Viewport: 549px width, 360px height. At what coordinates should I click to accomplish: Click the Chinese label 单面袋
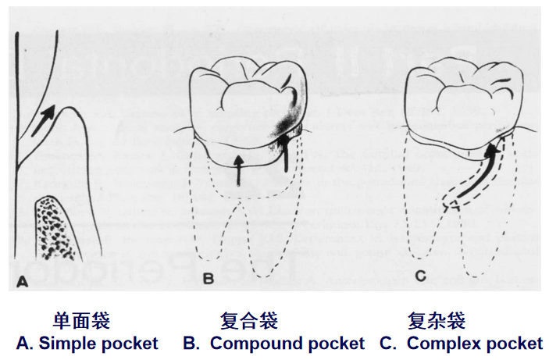point(81,320)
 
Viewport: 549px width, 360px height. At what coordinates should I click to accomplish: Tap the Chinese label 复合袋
point(249,320)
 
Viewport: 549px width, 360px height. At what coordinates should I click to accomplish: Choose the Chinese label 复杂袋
point(437,320)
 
